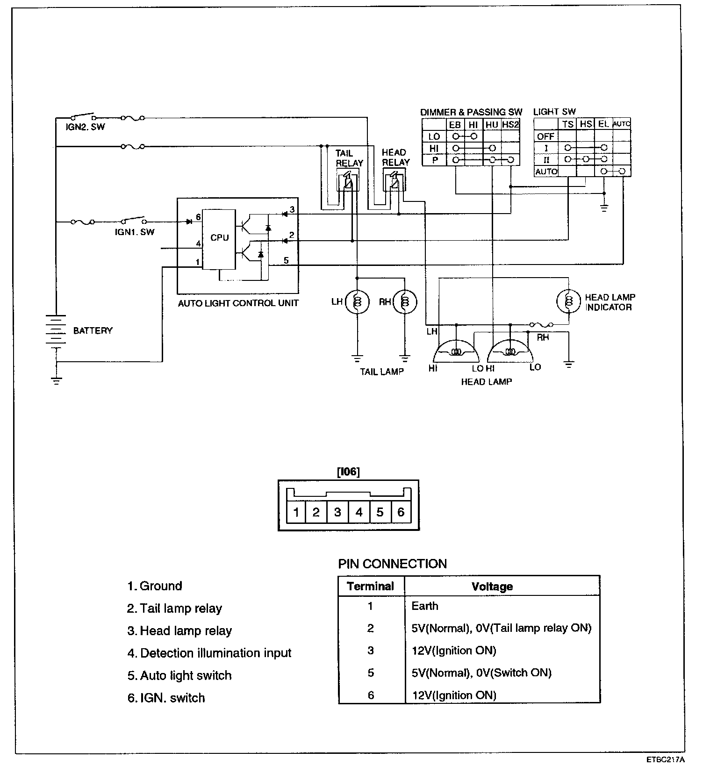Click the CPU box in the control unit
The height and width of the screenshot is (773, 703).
point(219,239)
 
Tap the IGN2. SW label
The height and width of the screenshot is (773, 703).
point(85,127)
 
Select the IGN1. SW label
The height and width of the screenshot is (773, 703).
point(135,232)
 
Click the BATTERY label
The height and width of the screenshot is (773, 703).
point(93,330)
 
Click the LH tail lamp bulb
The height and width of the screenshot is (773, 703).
point(357,302)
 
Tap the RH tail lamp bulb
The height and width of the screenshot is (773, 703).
point(405,302)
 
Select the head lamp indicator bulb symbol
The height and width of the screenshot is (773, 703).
point(568,302)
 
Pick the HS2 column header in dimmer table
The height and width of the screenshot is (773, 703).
point(510,125)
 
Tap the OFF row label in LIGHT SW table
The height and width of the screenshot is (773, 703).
point(545,136)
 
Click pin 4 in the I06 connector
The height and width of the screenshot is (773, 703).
point(359,512)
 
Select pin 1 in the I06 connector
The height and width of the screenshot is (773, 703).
point(296,512)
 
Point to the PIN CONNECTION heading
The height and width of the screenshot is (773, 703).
point(392,564)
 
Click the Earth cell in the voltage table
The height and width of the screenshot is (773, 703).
point(425,606)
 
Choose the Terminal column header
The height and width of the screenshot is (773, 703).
point(371,586)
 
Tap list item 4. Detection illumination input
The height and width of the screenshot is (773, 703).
point(209,653)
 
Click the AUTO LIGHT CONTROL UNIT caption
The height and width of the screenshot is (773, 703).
point(238,303)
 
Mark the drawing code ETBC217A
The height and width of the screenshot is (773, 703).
point(666,759)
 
